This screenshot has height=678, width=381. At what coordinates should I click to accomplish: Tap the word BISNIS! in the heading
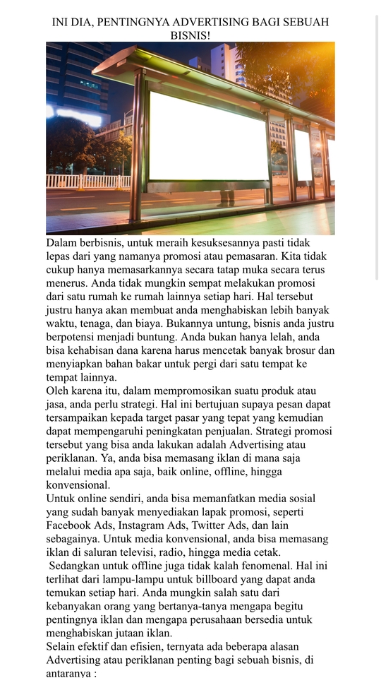pos(190,35)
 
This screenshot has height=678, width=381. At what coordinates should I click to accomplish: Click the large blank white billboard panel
pos(209,136)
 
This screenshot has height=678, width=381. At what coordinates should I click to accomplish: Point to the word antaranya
pos(68,673)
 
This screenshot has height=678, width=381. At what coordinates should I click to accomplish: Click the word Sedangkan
pos(75,566)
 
